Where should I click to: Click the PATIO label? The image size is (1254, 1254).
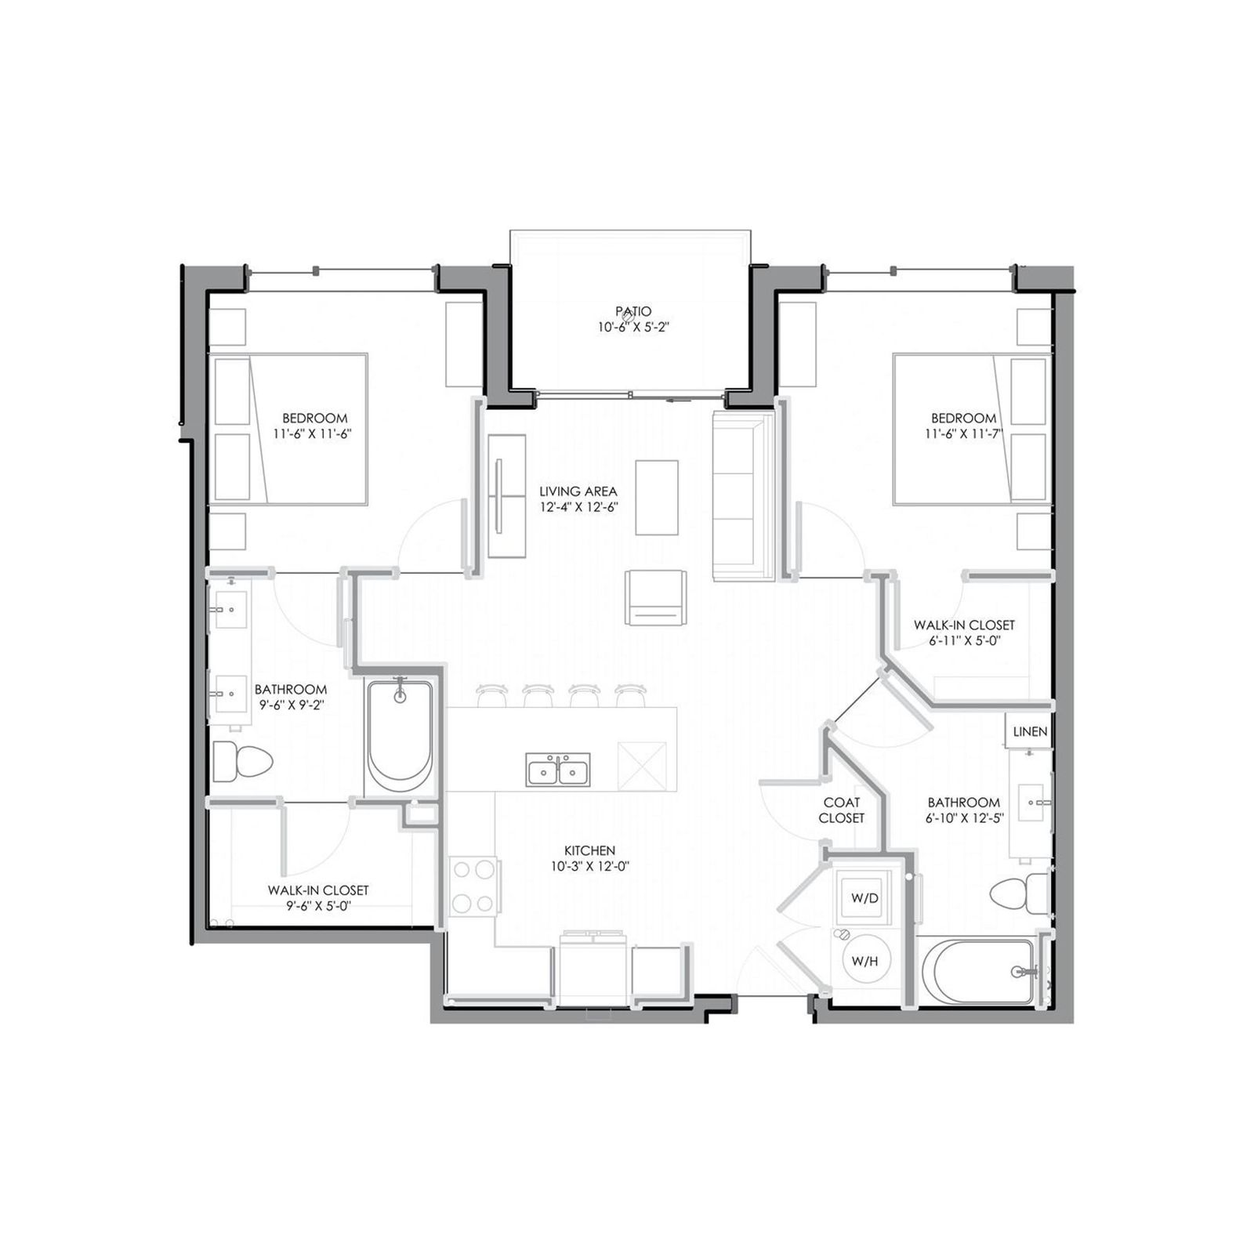click(632, 311)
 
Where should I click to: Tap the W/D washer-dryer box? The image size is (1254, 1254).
click(864, 897)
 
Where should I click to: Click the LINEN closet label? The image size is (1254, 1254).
click(1029, 731)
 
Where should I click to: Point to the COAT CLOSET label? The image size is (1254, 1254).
click(841, 810)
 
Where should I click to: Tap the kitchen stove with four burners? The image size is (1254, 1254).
click(473, 886)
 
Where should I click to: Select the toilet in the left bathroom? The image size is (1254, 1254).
click(241, 761)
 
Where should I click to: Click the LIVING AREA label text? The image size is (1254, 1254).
click(578, 491)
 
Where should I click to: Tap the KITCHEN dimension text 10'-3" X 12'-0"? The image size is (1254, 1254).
click(589, 866)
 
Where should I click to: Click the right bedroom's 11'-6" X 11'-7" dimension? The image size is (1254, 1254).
click(963, 433)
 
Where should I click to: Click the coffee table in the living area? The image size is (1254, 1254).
click(656, 497)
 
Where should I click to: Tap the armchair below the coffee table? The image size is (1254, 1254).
click(656, 598)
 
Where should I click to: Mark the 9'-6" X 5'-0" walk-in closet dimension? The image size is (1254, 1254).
click(317, 906)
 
